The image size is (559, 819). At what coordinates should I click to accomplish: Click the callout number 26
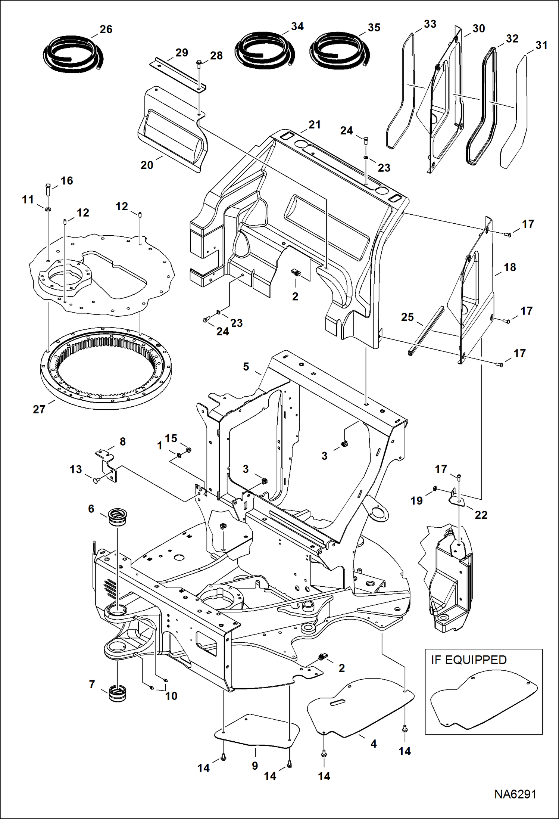[x=106, y=30]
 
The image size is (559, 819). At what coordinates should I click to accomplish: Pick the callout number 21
[x=315, y=125]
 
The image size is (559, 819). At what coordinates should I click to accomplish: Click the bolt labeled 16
[x=47, y=190]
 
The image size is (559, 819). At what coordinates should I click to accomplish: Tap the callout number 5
[x=246, y=367]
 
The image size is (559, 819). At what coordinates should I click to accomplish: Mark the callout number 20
[x=147, y=165]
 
